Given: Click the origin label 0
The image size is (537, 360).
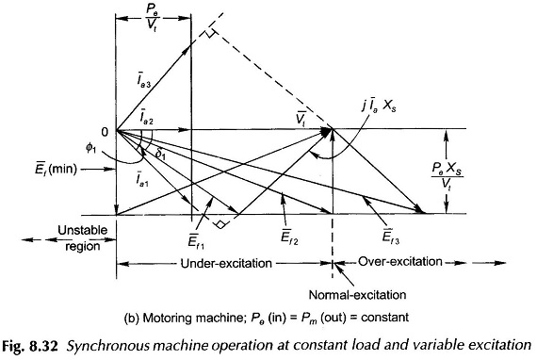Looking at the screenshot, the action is click(x=105, y=132).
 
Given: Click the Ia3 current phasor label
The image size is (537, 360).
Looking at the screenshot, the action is click(x=142, y=82).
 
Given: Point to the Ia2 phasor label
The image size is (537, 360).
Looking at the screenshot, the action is click(x=146, y=118).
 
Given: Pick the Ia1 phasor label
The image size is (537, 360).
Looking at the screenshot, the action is click(x=141, y=177).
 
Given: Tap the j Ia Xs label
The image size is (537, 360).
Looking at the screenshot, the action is click(x=379, y=107).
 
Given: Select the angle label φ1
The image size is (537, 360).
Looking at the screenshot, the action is click(x=90, y=149).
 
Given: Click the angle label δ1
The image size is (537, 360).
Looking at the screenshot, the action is click(x=160, y=155).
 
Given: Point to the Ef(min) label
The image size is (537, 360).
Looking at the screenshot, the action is click(x=56, y=169).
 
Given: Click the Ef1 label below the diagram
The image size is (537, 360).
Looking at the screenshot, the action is click(x=196, y=238).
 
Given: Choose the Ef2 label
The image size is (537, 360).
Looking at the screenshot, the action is click(x=289, y=236).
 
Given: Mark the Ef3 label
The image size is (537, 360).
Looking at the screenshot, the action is click(x=391, y=236).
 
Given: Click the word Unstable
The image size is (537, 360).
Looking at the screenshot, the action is click(x=82, y=230).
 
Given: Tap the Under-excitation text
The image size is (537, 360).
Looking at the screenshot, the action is click(x=226, y=264).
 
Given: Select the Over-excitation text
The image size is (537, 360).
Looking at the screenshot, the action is click(x=400, y=262).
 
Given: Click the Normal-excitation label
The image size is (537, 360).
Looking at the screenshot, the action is click(x=358, y=295).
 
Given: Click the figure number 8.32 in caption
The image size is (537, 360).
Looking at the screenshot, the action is click(x=44, y=346).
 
